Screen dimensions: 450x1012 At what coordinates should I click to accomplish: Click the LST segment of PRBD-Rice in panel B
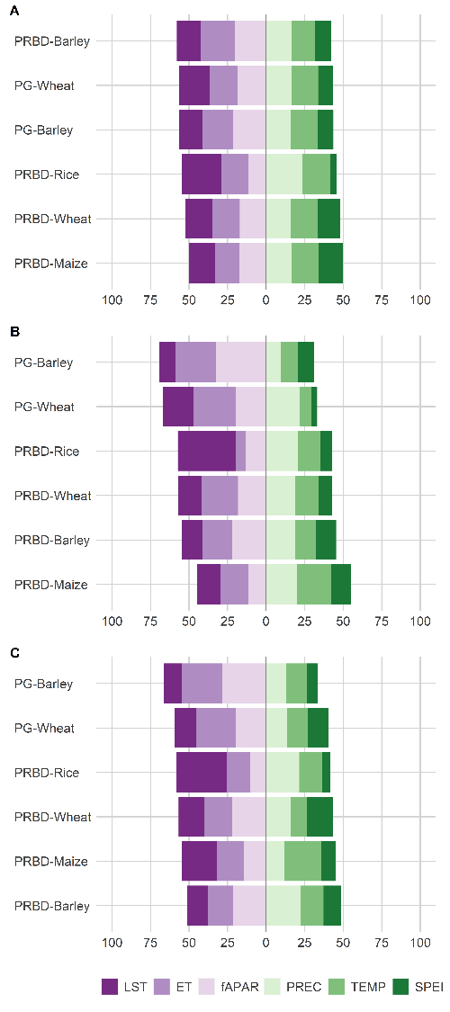coord(207,452)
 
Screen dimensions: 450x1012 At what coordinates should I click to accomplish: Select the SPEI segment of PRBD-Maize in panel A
coord(330,263)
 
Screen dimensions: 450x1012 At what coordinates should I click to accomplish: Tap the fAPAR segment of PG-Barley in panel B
coord(241,363)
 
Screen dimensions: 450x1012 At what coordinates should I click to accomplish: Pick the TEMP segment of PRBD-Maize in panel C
coord(302,861)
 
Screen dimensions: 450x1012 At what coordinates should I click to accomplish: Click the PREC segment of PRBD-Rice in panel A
coord(284,175)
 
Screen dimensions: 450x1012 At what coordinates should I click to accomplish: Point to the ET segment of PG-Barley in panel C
coord(202,683)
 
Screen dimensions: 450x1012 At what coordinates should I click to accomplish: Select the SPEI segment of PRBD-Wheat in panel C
coord(319,817)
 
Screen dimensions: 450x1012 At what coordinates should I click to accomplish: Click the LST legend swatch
coord(110,987)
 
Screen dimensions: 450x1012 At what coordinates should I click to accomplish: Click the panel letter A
coord(14,11)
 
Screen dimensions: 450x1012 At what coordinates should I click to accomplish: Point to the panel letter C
coord(14,653)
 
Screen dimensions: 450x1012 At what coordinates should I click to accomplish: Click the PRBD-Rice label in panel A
coord(47,175)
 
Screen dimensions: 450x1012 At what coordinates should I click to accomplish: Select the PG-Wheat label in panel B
coord(44,407)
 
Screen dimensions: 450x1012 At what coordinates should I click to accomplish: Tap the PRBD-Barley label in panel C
coord(51,906)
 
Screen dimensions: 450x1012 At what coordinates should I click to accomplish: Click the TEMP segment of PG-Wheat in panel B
coord(305,407)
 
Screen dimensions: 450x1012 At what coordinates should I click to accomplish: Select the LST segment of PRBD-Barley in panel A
coord(188,40)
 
